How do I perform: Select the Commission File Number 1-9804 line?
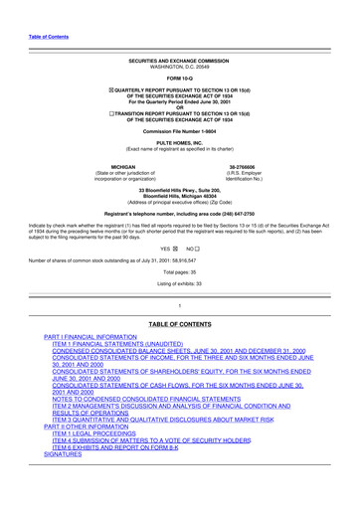[x=179, y=133]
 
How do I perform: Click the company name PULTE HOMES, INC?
[x=179, y=144]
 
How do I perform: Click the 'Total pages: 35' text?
[x=179, y=271]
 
